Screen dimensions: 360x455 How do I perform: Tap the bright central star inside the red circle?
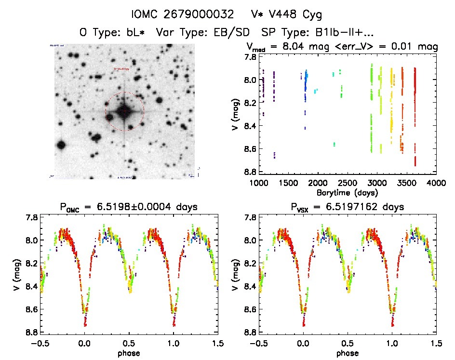click(124, 111)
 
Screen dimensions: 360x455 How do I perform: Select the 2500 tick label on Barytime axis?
click(347, 183)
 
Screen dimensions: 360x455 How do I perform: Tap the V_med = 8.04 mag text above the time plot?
click(289, 47)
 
